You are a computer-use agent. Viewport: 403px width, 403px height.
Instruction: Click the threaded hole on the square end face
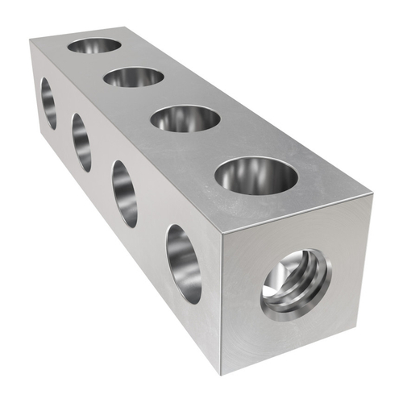click(295, 284)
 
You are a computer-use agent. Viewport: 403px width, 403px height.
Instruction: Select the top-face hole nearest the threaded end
click(256, 176)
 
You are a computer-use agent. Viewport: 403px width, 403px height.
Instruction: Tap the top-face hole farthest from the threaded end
click(94, 45)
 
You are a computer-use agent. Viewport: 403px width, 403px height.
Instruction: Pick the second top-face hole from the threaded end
click(185, 118)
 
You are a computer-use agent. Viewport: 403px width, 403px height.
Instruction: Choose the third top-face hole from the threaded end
click(134, 77)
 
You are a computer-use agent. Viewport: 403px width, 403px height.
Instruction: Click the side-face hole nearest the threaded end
click(183, 264)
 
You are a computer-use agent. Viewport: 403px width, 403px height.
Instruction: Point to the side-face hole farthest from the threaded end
click(48, 103)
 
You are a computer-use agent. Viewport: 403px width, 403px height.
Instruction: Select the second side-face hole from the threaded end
click(124, 193)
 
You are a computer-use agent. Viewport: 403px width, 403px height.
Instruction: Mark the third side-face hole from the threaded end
click(81, 142)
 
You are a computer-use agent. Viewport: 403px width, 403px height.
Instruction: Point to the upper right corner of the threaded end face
click(372, 197)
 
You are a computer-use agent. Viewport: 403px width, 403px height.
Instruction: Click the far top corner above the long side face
click(31, 41)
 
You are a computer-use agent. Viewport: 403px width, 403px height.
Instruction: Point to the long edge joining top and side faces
click(126, 139)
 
